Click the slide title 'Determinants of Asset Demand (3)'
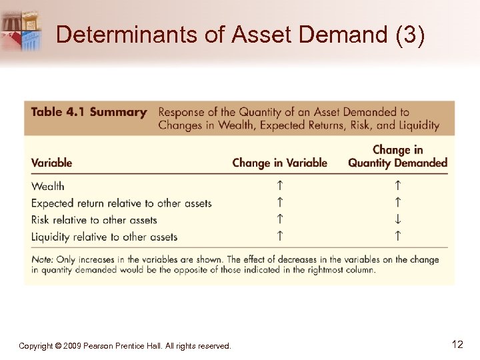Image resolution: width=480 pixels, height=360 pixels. [x=240, y=34]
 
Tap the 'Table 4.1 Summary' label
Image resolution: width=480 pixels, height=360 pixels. [x=89, y=112]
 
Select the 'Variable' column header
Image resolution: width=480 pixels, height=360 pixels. [x=51, y=163]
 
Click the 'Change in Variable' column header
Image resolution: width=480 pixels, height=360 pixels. [x=279, y=163]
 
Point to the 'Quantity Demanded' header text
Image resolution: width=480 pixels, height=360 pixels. [x=397, y=163]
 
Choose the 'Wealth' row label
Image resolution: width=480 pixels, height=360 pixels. [x=48, y=186]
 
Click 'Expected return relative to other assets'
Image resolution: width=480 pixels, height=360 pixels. [x=121, y=203]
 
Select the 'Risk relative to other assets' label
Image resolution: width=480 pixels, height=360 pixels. [x=94, y=219]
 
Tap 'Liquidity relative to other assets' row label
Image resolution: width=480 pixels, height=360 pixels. [x=104, y=236]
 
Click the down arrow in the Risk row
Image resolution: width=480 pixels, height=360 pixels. [x=397, y=219]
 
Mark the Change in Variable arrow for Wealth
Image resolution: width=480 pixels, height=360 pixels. [x=280, y=185]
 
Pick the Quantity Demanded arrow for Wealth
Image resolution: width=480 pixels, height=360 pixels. [x=397, y=185]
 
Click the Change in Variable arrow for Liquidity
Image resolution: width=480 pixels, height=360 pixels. [x=280, y=235]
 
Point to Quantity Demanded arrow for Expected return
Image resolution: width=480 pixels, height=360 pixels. [x=397, y=201]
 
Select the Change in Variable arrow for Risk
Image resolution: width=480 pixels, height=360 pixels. [x=280, y=219]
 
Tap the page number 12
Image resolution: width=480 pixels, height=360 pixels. [x=457, y=345]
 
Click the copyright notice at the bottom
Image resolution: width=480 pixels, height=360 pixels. [x=125, y=346]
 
